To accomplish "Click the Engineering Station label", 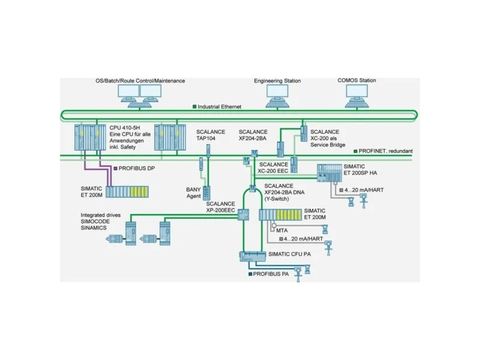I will coord(277,80).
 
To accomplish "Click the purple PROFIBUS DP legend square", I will coord(115,170).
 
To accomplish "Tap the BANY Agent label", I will coord(194,192).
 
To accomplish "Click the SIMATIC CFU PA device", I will coord(253,256).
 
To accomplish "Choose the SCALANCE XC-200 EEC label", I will coord(273,167).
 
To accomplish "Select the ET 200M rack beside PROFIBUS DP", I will coord(127,192).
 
